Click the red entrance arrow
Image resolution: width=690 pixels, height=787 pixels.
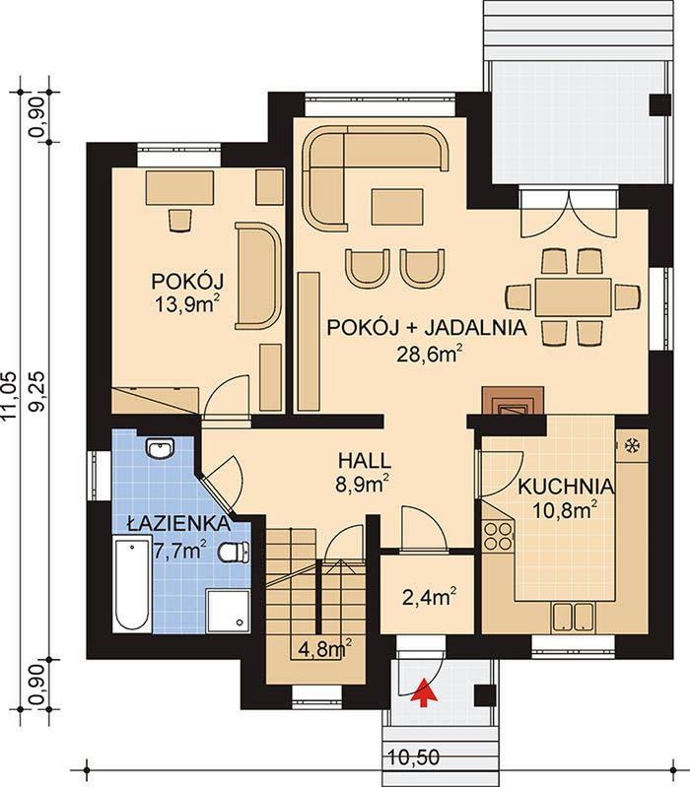pyautogui.click(x=423, y=692)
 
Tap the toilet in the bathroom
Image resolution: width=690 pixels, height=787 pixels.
pyautogui.click(x=234, y=552)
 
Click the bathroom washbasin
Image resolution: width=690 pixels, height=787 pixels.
pyautogui.click(x=160, y=447)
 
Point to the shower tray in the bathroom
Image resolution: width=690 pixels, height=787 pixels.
pyautogui.click(x=228, y=612)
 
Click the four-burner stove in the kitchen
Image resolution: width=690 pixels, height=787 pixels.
pyautogui.click(x=497, y=536)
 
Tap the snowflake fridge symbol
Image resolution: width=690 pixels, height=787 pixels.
pyautogui.click(x=631, y=445)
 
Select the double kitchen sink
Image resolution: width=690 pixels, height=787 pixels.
pyautogui.click(x=573, y=617)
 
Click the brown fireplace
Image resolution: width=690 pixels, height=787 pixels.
pyautogui.click(x=513, y=400)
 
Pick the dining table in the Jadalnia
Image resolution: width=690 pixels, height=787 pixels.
pyautogui.click(x=573, y=296)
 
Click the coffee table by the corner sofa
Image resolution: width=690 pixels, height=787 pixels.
pyautogui.click(x=396, y=207)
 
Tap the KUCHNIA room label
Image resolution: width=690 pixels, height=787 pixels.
pyautogui.click(x=566, y=487)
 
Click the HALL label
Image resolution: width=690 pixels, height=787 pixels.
pyautogui.click(x=364, y=460)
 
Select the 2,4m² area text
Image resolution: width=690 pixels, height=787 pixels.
pyautogui.click(x=430, y=597)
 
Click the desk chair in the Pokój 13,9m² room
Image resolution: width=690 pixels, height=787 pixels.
pyautogui.click(x=179, y=220)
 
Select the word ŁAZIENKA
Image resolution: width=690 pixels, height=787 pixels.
pyautogui.click(x=178, y=524)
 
